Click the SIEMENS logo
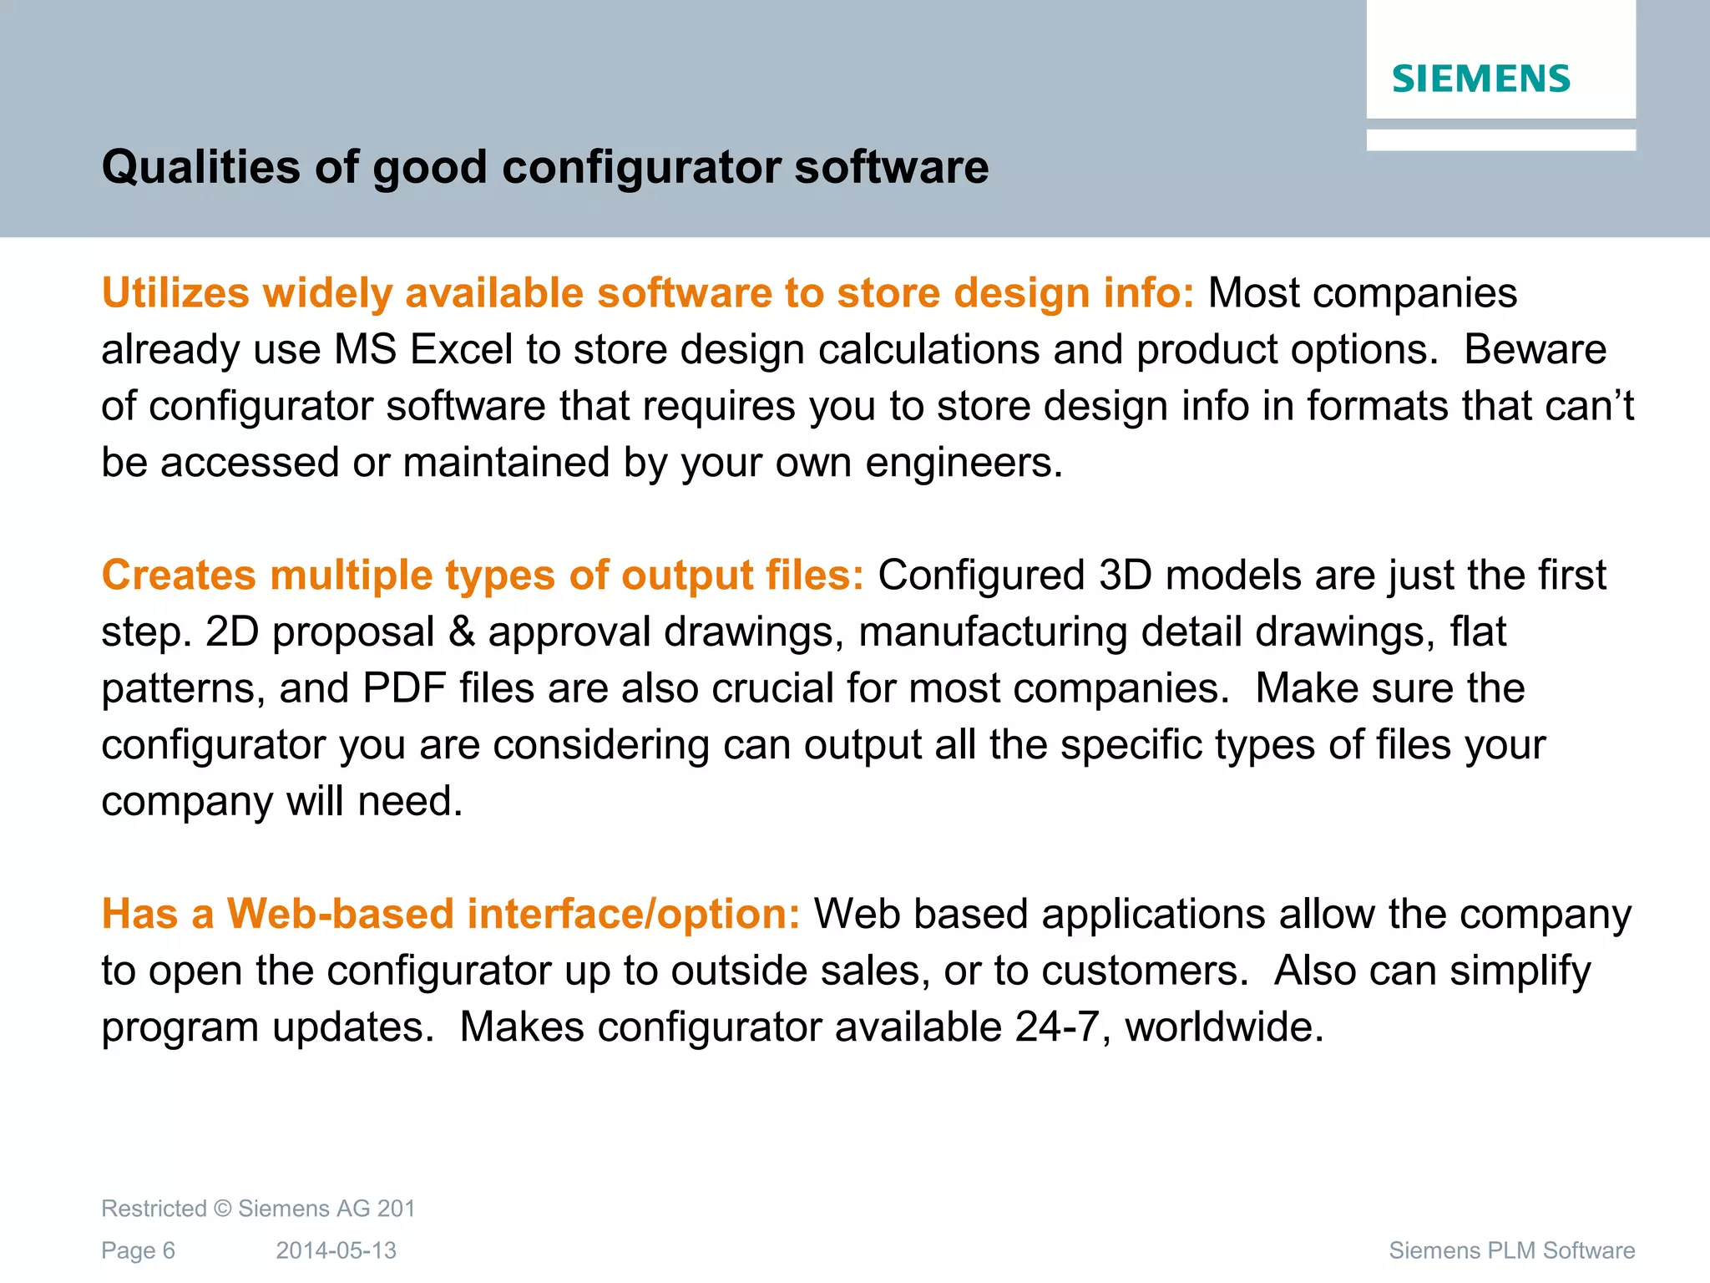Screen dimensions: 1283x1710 (1480, 79)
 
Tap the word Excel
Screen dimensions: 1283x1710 (461, 349)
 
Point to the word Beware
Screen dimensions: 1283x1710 (1535, 349)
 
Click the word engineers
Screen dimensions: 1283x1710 (964, 463)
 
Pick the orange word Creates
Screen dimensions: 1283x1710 (179, 576)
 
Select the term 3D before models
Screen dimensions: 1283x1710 (1126, 576)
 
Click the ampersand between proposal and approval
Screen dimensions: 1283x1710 (462, 632)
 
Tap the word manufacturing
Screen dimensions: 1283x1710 (993, 632)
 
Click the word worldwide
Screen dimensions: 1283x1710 (1224, 1027)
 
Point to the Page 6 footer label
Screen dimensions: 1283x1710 (138, 1250)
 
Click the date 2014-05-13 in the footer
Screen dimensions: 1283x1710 (336, 1250)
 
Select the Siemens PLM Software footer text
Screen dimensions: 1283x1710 (1511, 1250)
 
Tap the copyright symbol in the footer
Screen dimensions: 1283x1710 (222, 1209)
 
